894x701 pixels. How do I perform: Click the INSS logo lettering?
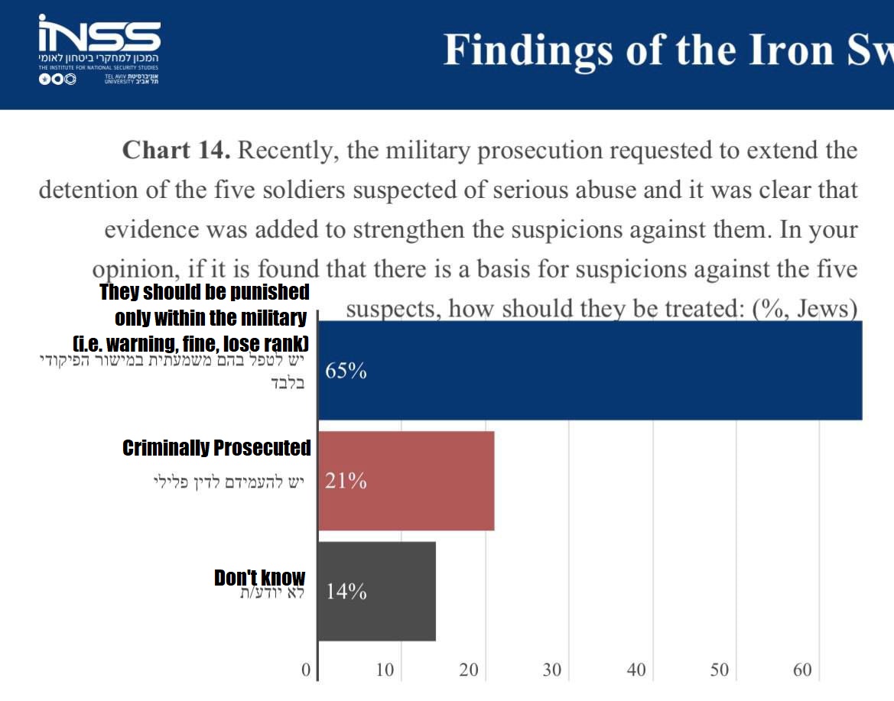(99, 34)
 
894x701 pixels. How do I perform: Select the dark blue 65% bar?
(589, 371)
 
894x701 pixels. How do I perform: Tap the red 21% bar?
(406, 481)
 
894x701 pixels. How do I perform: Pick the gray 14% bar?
(376, 591)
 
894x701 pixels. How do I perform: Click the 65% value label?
(346, 372)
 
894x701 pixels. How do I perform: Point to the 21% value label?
(346, 482)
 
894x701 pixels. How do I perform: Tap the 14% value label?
(346, 592)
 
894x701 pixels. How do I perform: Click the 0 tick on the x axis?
(306, 670)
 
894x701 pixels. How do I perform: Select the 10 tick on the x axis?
(385, 670)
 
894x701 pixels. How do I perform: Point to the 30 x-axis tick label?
(551, 670)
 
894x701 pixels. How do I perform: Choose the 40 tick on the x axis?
(636, 670)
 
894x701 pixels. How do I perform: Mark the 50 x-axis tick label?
(719, 670)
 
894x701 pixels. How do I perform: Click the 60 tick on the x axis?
(802, 670)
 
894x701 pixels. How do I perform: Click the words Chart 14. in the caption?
(176, 150)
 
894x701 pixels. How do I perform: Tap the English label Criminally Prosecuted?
(216, 448)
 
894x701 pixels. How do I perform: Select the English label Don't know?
(259, 578)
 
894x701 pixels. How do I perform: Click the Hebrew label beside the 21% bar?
(229, 482)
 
